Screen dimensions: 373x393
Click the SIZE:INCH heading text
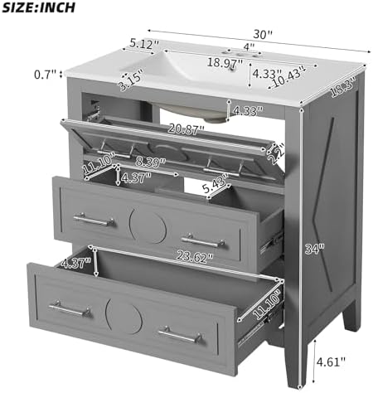pos(38,7)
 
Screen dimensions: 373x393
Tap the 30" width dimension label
pos(263,34)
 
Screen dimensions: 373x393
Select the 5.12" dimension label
pos(144,43)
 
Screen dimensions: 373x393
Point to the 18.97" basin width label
pos(225,63)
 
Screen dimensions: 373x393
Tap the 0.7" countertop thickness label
pos(45,75)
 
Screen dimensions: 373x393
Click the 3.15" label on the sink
pos(131,80)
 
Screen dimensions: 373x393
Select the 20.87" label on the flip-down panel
pos(186,129)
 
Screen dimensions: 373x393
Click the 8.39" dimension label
pos(150,163)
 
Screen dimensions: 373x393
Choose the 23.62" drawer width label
pos(195,257)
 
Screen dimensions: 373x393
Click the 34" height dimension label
pos(315,249)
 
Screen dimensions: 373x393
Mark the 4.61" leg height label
pos(331,361)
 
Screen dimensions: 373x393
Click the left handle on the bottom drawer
pos(70,308)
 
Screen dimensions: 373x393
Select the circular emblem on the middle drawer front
pos(148,226)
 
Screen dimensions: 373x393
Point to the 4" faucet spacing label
pos(249,46)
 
